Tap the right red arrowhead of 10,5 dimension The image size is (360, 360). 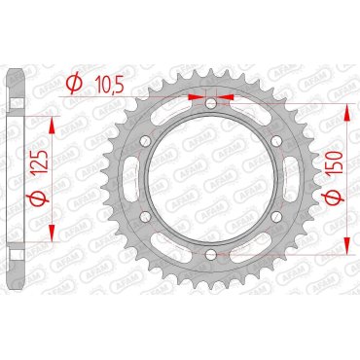click(x=227, y=99)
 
